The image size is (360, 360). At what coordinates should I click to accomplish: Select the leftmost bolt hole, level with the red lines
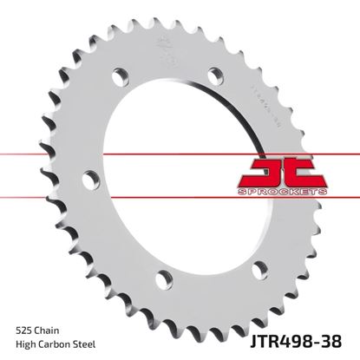[87, 180]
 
